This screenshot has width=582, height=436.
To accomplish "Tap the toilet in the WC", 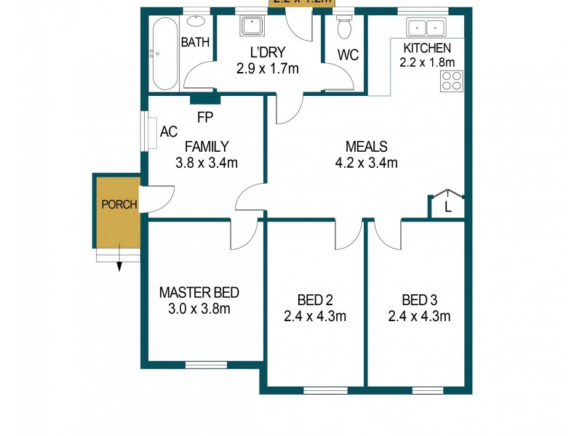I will tap(345, 28).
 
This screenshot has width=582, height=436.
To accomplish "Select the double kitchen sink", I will tap(427, 28).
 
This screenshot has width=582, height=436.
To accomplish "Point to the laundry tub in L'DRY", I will tap(254, 26).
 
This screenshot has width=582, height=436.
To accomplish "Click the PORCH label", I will tap(119, 204).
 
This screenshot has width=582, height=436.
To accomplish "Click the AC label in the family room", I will tap(168, 132).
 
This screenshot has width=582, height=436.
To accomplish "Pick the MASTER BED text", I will tap(199, 293).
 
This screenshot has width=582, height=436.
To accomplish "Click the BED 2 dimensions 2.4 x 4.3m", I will tap(314, 315).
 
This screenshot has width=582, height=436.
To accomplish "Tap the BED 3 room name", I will tap(419, 299).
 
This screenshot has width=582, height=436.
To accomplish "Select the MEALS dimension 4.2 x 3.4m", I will tap(367, 163).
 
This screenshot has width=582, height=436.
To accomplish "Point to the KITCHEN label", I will tap(427, 48).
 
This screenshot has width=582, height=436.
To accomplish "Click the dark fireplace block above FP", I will tap(205, 100).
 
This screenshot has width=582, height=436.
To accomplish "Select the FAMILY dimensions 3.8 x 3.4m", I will tap(207, 163).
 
